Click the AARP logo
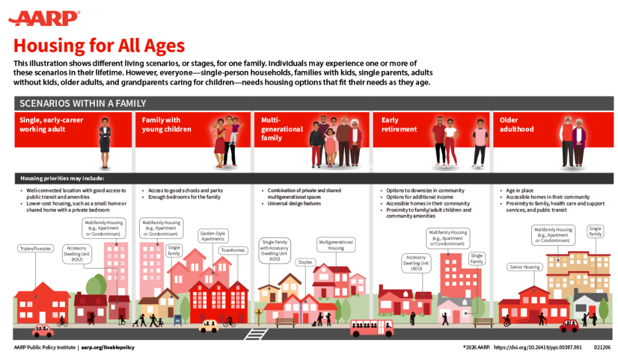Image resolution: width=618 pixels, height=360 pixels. [44, 18]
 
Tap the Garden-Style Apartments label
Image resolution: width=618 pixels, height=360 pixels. [213, 236]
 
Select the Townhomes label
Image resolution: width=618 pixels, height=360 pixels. [233, 251]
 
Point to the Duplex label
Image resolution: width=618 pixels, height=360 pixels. [304, 262]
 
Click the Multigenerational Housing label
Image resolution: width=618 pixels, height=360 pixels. [336, 245]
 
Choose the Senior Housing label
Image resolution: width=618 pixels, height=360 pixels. [525, 267]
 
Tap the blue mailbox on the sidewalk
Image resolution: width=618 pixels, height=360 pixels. [178, 319]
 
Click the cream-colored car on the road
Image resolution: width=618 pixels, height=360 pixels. [208, 326]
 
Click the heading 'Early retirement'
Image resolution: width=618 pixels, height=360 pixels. [399, 125]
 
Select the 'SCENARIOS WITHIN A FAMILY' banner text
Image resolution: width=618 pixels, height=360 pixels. [83, 103]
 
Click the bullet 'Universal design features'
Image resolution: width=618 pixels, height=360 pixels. [294, 204]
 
